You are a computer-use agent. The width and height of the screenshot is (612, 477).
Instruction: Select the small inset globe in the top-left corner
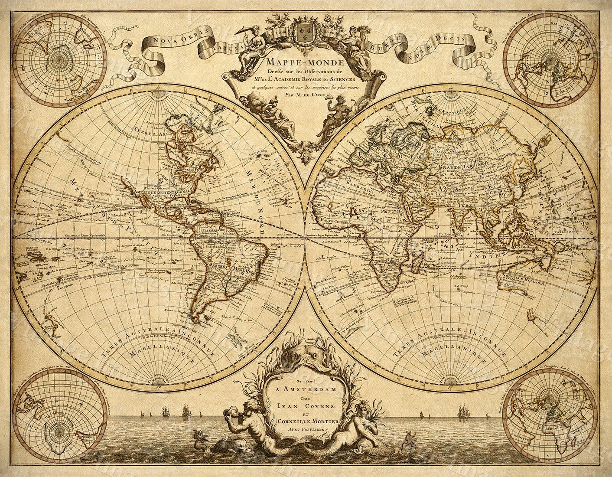[x=59, y=59]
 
